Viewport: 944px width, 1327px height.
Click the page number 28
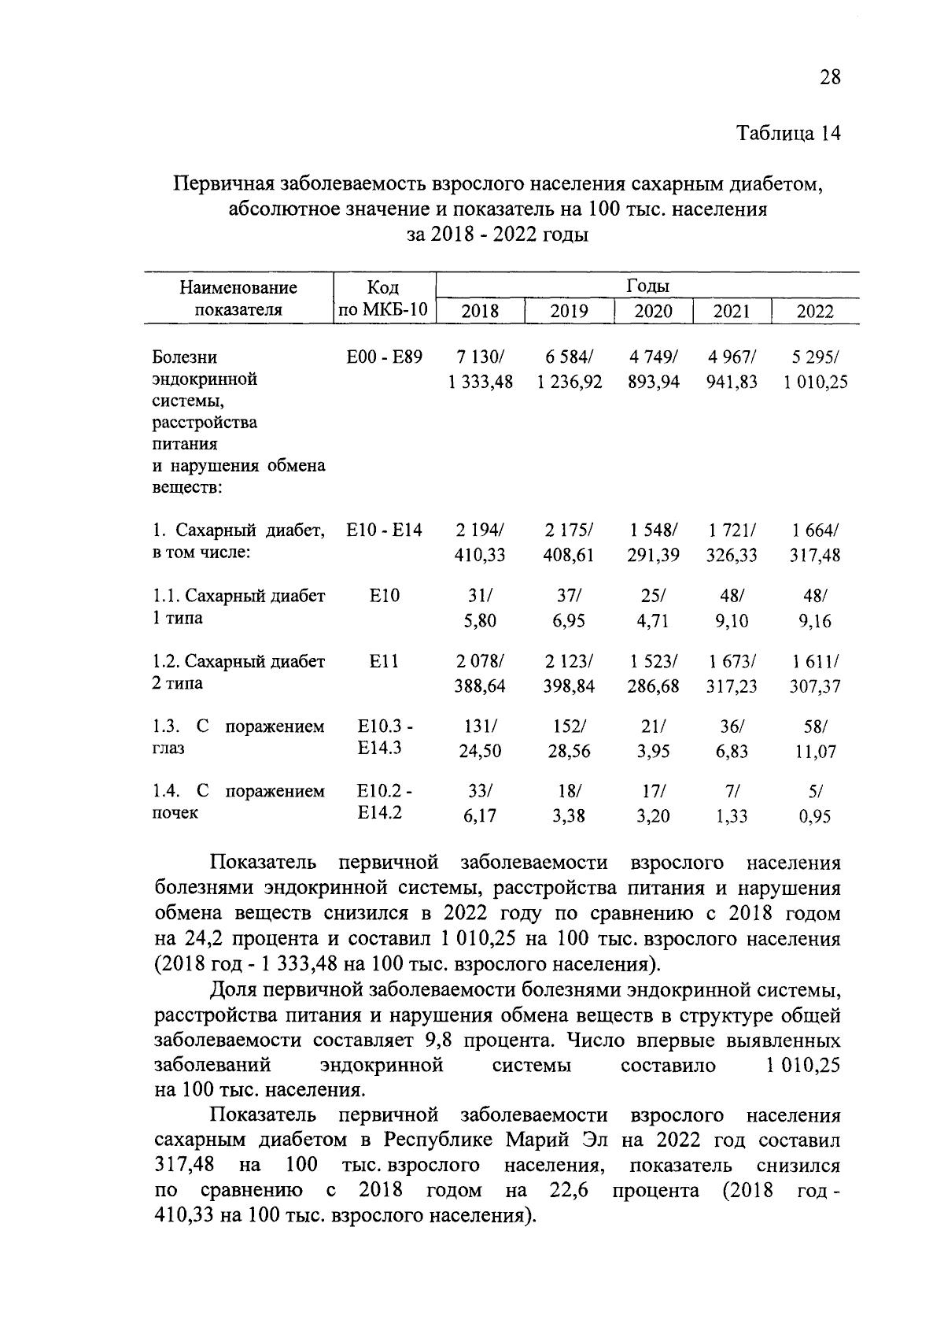point(829,76)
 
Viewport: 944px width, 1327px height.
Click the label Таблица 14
point(788,133)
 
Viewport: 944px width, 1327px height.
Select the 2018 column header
point(479,311)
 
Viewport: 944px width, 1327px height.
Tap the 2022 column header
point(814,311)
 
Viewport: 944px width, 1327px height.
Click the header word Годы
point(647,286)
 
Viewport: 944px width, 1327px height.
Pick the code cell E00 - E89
point(384,357)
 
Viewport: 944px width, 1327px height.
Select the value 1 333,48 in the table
point(480,382)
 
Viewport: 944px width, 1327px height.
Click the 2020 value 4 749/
point(653,357)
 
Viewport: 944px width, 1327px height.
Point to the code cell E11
point(384,662)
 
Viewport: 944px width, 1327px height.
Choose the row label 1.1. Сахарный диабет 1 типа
point(238,607)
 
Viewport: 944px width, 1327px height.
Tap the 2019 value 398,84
point(568,686)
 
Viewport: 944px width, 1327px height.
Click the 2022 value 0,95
point(814,816)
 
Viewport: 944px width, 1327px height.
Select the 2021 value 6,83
point(731,752)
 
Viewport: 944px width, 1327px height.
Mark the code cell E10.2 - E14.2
point(384,801)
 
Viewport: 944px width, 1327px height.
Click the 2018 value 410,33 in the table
point(480,556)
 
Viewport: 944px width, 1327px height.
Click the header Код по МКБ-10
point(384,299)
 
